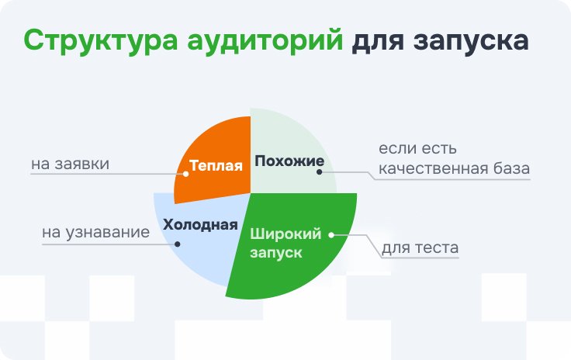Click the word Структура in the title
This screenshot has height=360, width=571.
tap(101, 41)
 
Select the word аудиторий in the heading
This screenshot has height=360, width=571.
tap(265, 41)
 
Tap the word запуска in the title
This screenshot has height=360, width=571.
tap(471, 41)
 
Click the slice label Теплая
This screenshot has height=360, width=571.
tap(216, 165)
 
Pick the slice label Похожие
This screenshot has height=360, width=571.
tap(289, 161)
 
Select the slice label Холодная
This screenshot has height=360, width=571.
tap(200, 224)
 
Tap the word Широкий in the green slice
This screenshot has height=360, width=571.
tap(285, 234)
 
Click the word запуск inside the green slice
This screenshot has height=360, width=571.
tap(276, 253)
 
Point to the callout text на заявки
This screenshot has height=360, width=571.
tap(71, 164)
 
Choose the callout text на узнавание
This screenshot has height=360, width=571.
tap(95, 232)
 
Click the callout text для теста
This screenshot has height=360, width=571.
tap(420, 247)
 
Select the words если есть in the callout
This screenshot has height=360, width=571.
tap(417, 148)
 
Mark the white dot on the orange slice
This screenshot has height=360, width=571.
tap(185, 174)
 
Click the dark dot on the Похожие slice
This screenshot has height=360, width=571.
tap(320, 171)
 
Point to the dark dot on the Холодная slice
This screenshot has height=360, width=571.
tap(178, 244)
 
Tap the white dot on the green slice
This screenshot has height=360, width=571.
tap(331, 235)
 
